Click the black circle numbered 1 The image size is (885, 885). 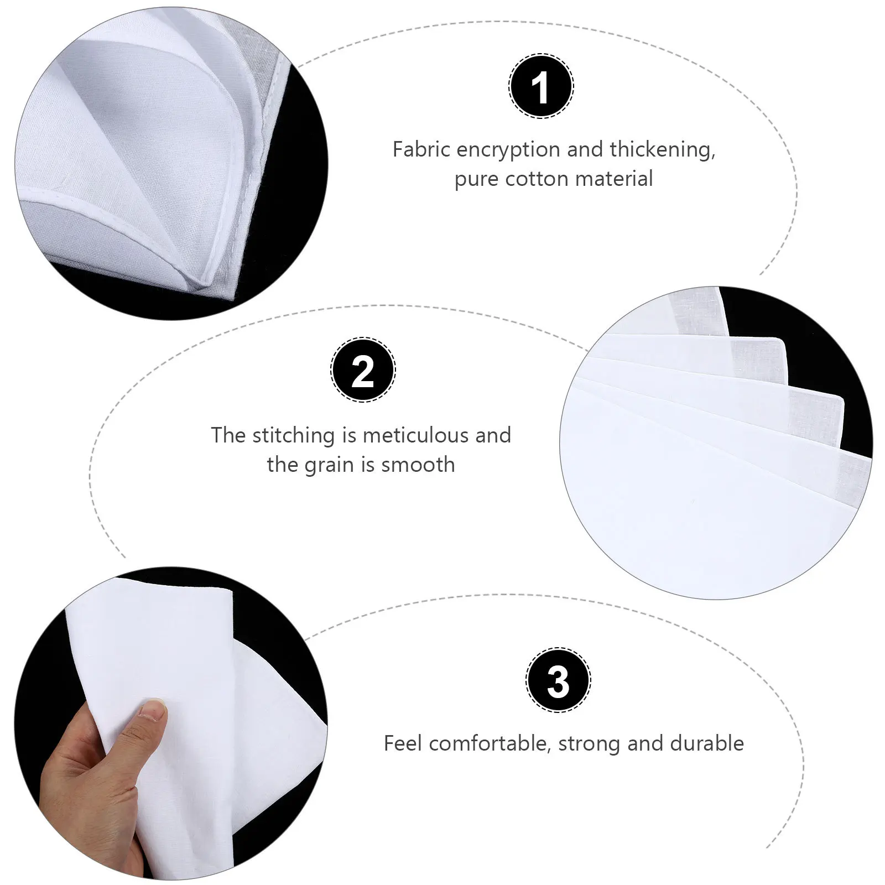click(541, 86)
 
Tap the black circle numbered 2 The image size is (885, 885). click(363, 369)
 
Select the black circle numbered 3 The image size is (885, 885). click(558, 680)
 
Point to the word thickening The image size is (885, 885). click(663, 149)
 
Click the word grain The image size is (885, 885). click(330, 466)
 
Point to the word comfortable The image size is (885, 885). click(490, 743)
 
